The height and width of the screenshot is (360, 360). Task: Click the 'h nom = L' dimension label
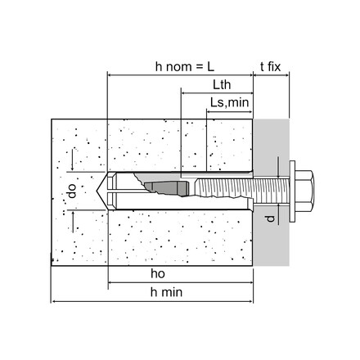[185, 66]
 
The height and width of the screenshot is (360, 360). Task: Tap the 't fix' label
[270, 66]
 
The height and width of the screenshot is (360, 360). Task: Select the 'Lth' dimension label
[222, 85]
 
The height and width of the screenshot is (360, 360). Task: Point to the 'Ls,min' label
[229, 103]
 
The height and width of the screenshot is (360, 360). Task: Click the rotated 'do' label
[72, 191]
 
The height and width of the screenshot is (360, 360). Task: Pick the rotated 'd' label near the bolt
[270, 218]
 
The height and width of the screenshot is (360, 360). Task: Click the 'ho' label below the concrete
[158, 273]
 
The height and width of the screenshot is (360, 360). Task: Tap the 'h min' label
[166, 292]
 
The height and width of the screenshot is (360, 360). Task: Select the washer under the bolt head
[292, 191]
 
